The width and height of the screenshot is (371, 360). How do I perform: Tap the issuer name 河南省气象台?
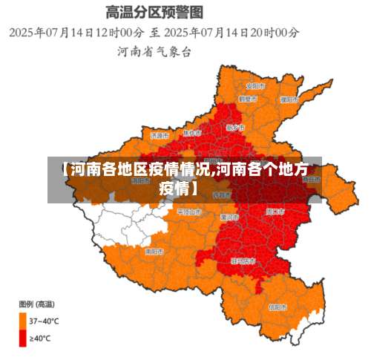pos(155,52)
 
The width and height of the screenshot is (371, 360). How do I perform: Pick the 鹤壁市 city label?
pos(248,98)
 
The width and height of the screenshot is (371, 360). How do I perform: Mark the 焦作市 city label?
pos(192,132)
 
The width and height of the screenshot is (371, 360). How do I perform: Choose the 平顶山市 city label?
pos(189,212)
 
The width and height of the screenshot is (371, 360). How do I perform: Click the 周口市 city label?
pos(275,212)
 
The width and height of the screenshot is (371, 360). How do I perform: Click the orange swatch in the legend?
pos(22,320)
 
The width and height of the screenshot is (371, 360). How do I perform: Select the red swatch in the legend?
pos(22,338)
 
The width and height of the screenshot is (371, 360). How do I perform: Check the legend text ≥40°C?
pos(40,338)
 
